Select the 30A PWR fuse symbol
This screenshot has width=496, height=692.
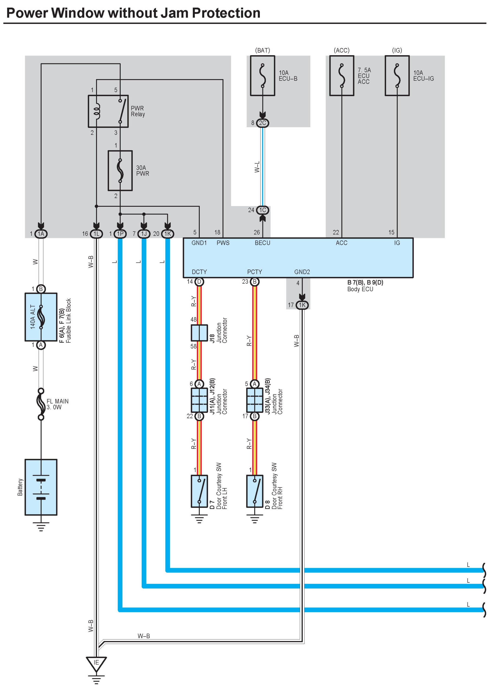coord(120,171)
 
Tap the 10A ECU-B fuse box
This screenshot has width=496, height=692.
coord(262,76)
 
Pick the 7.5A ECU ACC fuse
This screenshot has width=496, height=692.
coord(342,76)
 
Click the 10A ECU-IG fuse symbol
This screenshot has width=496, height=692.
coord(397,76)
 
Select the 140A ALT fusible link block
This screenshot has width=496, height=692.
coord(41,317)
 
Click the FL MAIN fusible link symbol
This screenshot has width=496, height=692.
coord(41,404)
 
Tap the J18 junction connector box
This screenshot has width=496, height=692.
coord(199,333)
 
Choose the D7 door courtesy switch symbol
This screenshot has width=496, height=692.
coord(199,491)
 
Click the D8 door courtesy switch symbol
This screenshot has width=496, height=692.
coord(254,491)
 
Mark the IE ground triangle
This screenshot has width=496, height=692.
coord(97,664)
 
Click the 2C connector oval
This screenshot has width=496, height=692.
coord(262,123)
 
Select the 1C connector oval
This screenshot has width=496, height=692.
coord(262,210)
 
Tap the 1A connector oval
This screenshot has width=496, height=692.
coord(41,234)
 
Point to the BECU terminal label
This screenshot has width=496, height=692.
coord(262,243)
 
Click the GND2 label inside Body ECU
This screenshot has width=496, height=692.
coord(302,272)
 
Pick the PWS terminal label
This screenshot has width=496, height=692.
coord(223,243)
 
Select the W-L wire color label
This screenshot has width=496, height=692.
coord(257,167)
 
